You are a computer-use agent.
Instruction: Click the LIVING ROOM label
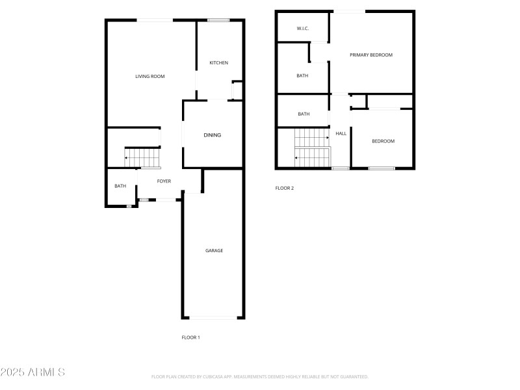(x=149, y=77)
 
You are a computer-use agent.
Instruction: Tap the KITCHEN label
(x=218, y=63)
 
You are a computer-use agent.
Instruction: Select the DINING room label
(x=213, y=135)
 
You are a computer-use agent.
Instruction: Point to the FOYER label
(x=164, y=181)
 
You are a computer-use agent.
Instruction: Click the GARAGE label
(x=214, y=251)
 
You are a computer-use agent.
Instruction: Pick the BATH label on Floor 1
(x=120, y=187)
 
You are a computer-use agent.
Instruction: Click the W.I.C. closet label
(x=302, y=29)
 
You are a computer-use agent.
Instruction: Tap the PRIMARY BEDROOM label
(x=371, y=55)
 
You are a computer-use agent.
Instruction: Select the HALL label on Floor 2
(x=341, y=134)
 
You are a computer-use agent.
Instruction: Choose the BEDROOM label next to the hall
(x=383, y=141)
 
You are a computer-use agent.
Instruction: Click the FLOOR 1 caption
(x=190, y=337)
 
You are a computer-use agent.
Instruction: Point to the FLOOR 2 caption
(x=285, y=188)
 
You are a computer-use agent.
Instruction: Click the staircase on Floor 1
(x=142, y=157)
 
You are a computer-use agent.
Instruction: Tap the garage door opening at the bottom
(x=214, y=318)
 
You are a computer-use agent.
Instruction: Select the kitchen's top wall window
(x=218, y=20)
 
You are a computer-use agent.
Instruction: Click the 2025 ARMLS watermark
(x=32, y=372)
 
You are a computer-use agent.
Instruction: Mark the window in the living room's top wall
(x=155, y=20)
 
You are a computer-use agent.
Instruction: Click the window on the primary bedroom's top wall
(x=350, y=11)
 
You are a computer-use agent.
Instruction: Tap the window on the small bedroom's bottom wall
(x=382, y=169)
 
